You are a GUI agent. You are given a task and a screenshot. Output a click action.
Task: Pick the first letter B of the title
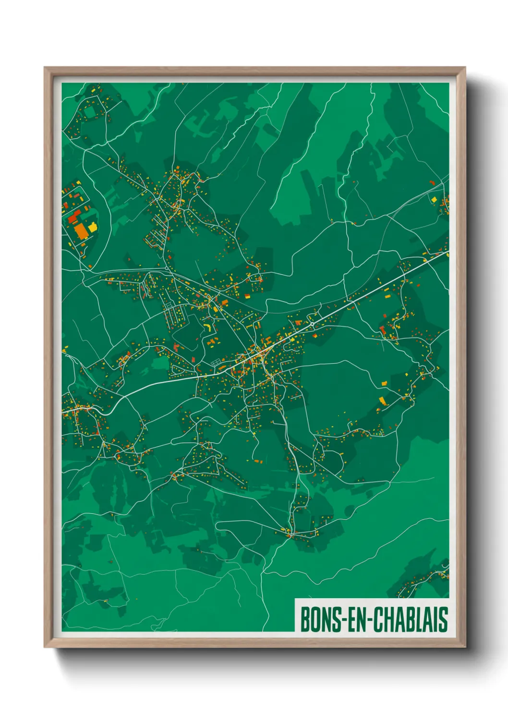(305, 619)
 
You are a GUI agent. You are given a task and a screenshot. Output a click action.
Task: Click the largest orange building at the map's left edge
(81, 230)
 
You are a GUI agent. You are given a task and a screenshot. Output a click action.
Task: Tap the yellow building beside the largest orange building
(92, 226)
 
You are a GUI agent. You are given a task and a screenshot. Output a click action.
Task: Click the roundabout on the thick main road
(312, 324)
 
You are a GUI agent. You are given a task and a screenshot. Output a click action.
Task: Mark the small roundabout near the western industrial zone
(166, 268)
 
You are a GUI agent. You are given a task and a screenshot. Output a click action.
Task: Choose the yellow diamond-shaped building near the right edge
(434, 199)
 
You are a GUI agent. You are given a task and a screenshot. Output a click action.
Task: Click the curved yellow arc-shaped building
(208, 326)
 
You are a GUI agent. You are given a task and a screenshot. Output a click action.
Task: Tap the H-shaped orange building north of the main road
(212, 341)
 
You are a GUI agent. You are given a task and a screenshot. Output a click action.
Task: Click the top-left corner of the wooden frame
(45, 68)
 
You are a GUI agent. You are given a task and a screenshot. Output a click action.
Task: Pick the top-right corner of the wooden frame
(465, 68)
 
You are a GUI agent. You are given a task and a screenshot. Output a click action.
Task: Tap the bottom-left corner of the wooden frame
(45, 647)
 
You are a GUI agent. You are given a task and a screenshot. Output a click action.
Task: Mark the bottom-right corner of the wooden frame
(465, 647)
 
